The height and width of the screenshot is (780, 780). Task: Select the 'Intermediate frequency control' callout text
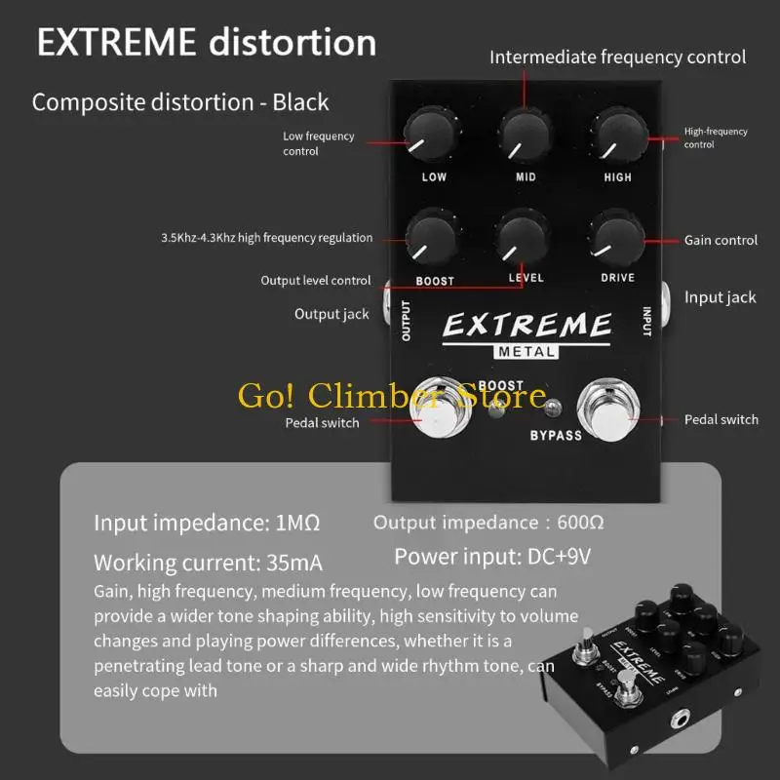[617, 58]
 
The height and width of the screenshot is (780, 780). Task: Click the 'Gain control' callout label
[721, 240]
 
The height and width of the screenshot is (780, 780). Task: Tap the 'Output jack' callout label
[331, 314]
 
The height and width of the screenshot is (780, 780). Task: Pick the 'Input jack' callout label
[720, 297]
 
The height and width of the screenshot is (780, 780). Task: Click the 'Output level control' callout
[315, 281]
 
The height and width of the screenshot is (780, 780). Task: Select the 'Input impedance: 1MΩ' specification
[207, 523]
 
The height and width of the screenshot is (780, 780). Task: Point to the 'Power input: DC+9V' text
[491, 558]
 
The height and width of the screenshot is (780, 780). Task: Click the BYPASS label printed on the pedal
[555, 435]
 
